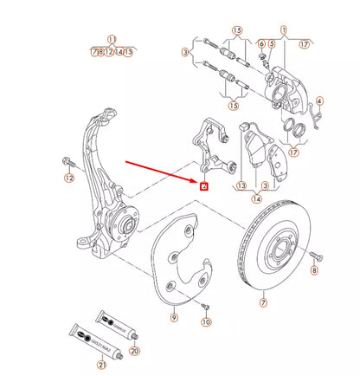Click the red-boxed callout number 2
[203, 184]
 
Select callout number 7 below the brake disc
[264, 303]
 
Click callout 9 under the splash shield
[173, 319]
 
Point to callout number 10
[206, 321]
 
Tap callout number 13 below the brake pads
[242, 185]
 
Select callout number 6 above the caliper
[261, 43]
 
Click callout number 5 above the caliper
[271, 43]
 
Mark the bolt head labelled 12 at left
[67, 163]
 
